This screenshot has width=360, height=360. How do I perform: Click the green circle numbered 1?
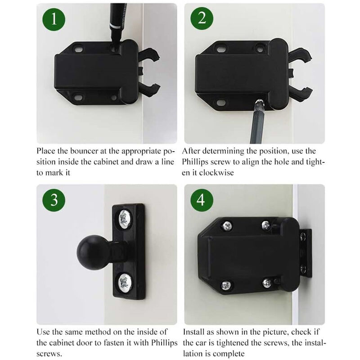tap(54, 19)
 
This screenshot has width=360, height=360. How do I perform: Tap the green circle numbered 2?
tap(202, 18)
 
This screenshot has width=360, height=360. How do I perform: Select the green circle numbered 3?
tap(54, 200)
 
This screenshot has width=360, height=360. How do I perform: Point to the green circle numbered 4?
tap(202, 200)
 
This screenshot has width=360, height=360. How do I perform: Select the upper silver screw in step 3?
tap(125, 219)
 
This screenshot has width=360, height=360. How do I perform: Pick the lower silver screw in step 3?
tap(125, 282)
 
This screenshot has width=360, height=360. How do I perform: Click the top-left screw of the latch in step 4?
tap(227, 226)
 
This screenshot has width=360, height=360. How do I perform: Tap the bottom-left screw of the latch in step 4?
tap(226, 285)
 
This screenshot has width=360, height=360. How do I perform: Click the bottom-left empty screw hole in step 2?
tap(220, 103)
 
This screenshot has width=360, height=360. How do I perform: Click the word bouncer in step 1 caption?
tap(84, 151)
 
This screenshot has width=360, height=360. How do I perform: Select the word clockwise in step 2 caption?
tap(216, 173)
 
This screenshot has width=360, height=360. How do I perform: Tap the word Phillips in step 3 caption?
tap(164, 343)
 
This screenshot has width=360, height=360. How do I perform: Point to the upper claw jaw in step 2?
tap(300, 55)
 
